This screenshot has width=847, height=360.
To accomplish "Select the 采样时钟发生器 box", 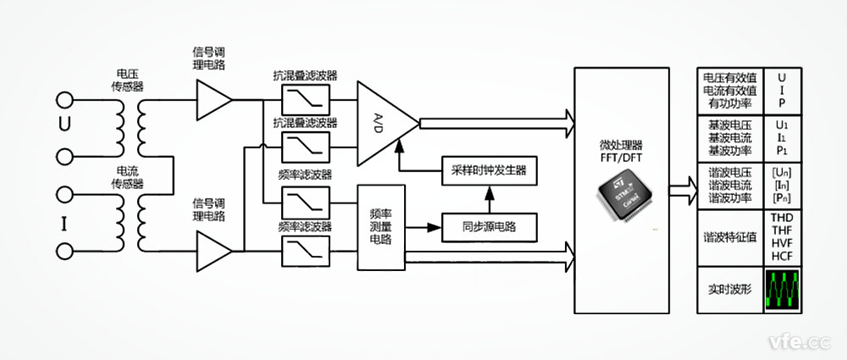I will coord(490,169).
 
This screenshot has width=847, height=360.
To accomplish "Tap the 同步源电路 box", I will coord(490,226).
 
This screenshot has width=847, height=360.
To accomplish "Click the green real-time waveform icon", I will coord(783,290).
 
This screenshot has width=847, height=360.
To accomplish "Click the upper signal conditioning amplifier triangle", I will coord(213,102).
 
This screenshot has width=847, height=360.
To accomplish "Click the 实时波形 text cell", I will coord(729,290).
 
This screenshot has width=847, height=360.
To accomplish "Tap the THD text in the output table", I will coord(782,218).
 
